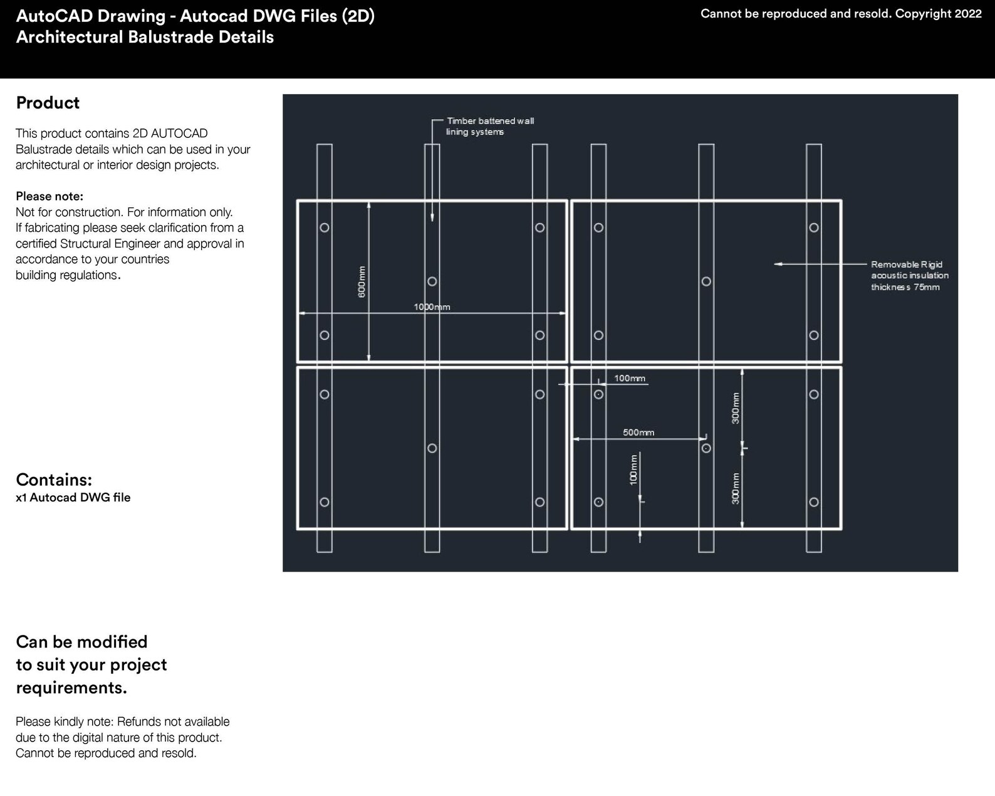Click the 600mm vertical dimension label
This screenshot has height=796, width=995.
[x=362, y=281]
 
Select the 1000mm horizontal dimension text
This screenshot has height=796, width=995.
[x=432, y=307]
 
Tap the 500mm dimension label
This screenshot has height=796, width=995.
[x=638, y=432]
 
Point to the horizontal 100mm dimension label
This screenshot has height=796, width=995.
[x=630, y=379]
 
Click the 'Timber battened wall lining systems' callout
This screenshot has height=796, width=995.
[x=489, y=126]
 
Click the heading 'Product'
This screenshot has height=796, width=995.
[x=48, y=103]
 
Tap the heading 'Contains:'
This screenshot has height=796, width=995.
[x=54, y=479]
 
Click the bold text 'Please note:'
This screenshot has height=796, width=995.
[x=49, y=196]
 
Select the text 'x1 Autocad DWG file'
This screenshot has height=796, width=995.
[x=73, y=498]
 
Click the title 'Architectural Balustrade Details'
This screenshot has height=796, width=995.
[x=145, y=37]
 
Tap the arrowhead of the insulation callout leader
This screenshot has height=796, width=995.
[x=778, y=264]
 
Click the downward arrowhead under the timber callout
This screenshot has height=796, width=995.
[x=432, y=217]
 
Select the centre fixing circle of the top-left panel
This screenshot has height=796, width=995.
[x=432, y=281]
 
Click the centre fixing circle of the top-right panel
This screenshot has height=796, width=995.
[x=706, y=281]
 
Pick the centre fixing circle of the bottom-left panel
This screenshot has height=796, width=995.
[x=432, y=448]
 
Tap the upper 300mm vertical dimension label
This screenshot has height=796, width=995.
[x=736, y=408]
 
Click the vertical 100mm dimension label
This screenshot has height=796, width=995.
[x=633, y=469]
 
